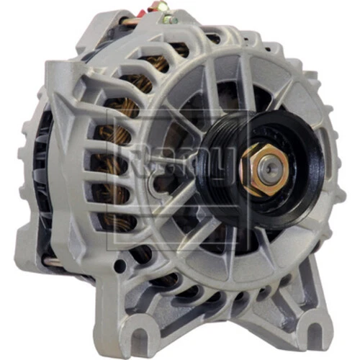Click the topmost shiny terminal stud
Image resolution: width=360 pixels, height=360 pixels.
(165, 5)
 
